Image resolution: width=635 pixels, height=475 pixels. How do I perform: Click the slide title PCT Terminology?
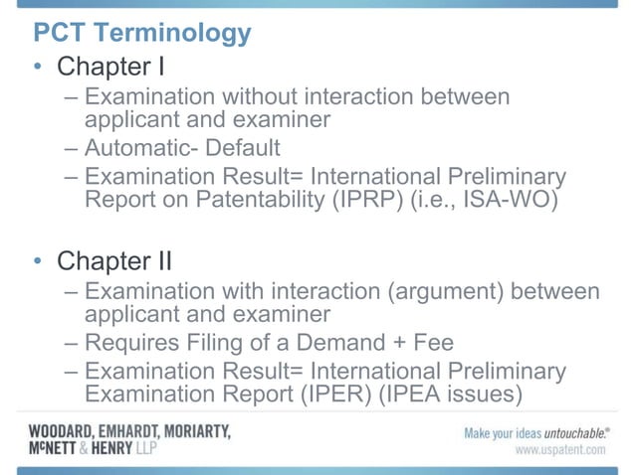[142, 33]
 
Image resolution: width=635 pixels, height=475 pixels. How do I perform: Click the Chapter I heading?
[109, 68]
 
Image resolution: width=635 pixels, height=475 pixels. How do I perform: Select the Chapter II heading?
[114, 261]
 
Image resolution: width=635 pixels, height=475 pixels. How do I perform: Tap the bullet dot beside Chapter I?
[37, 69]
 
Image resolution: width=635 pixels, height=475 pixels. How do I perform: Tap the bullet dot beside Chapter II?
[37, 262]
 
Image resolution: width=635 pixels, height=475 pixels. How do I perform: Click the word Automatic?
[139, 148]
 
